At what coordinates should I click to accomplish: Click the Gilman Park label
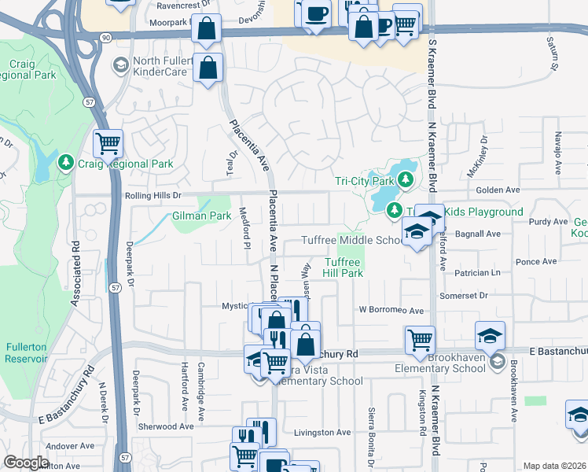tap(201, 216)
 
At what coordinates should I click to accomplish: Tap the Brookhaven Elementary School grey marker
tap(497, 362)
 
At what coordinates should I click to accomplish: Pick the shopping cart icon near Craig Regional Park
tap(108, 143)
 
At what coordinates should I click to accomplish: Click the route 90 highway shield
tap(105, 36)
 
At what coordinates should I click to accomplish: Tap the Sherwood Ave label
tap(164, 426)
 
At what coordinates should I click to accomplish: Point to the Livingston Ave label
tap(322, 432)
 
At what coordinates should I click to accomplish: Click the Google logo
tap(25, 463)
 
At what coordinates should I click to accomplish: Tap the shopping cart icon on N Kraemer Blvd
tap(421, 341)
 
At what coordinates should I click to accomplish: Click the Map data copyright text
tap(554, 466)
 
